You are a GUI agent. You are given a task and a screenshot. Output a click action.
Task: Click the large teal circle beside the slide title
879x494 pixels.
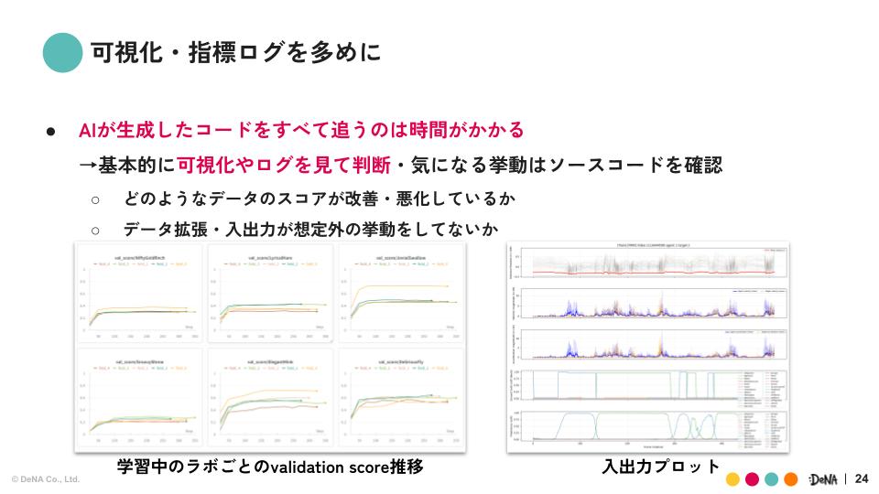[x=63, y=52]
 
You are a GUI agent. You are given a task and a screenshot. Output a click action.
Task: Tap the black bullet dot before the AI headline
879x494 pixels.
[x=53, y=132]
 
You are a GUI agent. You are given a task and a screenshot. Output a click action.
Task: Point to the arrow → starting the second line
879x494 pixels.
[x=88, y=166]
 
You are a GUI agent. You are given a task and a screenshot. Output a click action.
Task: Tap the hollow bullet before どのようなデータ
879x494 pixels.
[x=94, y=199]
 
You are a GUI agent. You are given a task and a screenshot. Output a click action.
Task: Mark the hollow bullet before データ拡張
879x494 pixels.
[x=94, y=231]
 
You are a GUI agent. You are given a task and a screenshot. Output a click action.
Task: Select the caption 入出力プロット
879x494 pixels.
[x=661, y=467]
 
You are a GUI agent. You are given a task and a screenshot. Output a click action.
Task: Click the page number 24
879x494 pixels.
[x=861, y=478]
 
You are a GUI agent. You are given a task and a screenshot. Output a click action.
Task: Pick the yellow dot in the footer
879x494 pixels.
[x=732, y=479]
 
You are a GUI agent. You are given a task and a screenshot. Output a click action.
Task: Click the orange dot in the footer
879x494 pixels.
[x=791, y=479]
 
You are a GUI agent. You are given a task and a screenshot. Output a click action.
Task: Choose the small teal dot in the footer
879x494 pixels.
[x=772, y=479]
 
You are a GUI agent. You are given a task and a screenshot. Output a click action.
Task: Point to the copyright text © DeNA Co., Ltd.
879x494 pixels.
[x=46, y=479]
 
